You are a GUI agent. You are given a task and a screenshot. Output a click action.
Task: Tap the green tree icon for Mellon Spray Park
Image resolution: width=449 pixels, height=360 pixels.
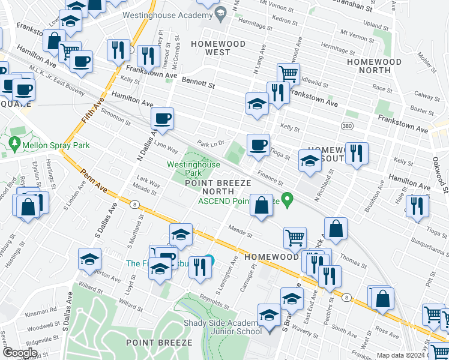(15, 144)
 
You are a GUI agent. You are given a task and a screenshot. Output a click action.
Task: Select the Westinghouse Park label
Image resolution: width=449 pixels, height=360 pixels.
(183, 168)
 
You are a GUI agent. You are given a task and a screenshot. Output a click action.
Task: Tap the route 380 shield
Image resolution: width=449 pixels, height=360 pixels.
(347, 127)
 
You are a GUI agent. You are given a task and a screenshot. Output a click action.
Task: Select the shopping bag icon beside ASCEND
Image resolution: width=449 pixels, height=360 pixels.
(261, 206)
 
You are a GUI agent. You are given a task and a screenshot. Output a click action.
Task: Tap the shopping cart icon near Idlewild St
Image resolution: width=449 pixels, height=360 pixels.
(289, 74)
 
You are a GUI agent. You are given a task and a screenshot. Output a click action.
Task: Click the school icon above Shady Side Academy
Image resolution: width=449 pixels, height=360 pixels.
(269, 315)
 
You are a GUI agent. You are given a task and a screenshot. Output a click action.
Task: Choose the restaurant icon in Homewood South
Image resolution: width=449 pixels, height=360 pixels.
(357, 153)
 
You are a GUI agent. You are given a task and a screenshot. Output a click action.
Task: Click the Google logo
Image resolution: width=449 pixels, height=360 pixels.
(19, 353)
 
